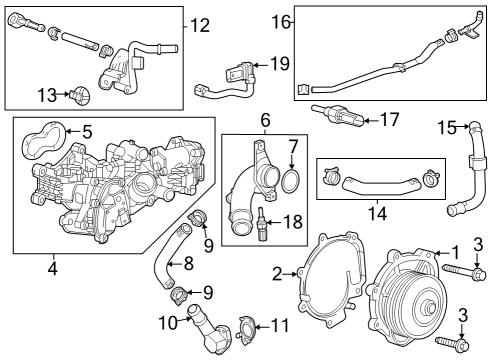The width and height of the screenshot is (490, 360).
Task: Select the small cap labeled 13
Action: point(78,96)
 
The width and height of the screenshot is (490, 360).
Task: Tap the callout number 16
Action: point(281,21)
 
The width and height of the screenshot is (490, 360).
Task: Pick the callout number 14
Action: point(377,213)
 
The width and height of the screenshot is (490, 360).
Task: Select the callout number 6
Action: point(266,121)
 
